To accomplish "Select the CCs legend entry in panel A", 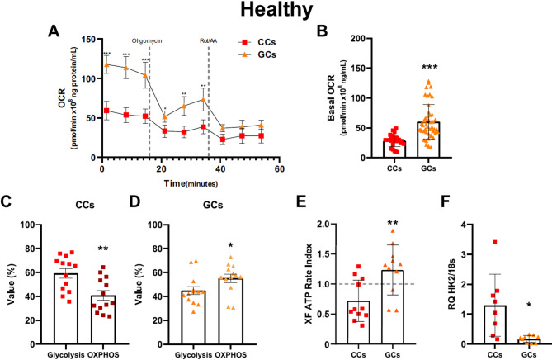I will (x=261, y=39).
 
